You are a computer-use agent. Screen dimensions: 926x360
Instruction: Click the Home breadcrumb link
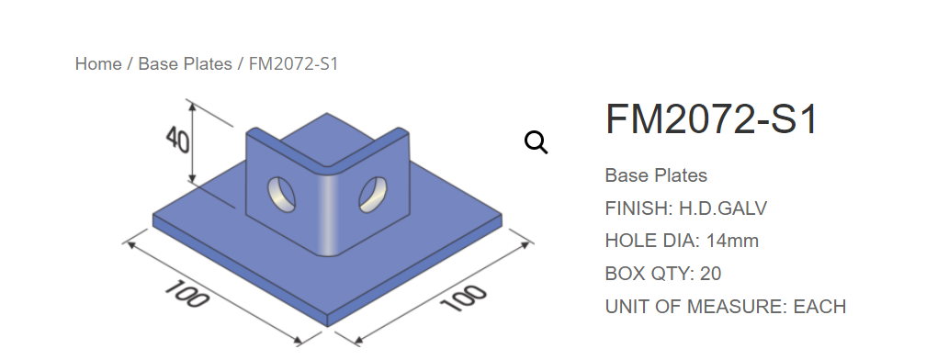98,63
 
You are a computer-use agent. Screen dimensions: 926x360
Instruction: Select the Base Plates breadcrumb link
185,63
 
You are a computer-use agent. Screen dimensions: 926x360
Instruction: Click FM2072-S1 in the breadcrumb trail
294,63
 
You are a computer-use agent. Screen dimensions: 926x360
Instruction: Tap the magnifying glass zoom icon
536,143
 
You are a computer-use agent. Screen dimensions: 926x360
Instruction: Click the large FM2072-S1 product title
712,119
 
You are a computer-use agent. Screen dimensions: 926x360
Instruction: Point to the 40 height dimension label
177,140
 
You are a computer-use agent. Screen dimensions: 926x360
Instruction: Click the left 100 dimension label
186,293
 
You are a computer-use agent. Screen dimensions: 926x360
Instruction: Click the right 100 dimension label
464,298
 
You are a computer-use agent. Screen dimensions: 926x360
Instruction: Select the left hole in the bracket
282,194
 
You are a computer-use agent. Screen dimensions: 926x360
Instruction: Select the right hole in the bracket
373,194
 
